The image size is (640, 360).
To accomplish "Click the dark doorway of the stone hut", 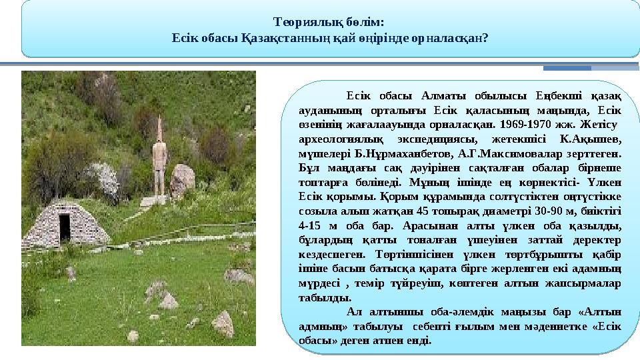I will click(64, 228).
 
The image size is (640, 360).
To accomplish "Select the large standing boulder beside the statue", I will click(182, 180).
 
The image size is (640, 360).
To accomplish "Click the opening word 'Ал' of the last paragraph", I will click(354, 312).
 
